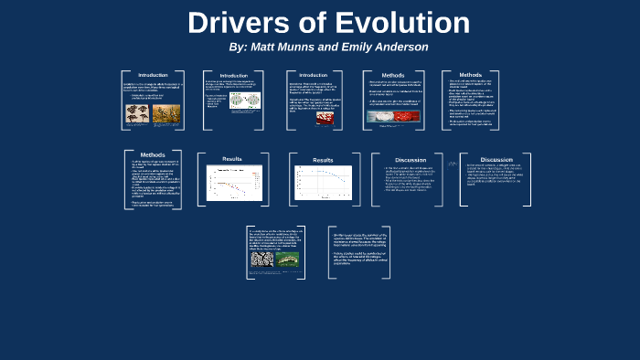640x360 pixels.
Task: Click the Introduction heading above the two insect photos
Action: (153, 74)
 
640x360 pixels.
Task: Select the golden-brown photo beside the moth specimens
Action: (165, 113)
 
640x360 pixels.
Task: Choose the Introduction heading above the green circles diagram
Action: (234, 76)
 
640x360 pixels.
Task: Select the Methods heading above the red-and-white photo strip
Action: (393, 77)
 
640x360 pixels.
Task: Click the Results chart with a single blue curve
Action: (323, 182)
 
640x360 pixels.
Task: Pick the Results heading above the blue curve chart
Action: (323, 161)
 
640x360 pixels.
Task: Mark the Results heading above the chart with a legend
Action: (232, 159)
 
